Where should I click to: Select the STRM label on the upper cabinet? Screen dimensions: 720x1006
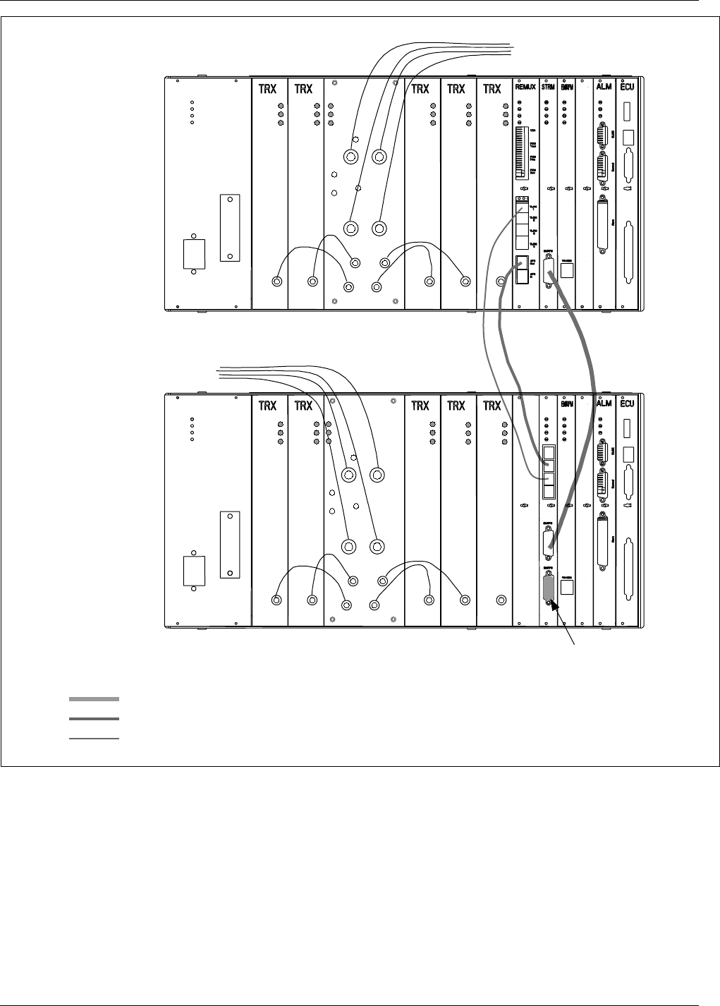coord(548,89)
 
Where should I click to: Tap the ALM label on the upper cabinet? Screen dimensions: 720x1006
coord(604,89)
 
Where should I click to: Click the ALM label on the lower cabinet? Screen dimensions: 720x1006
coord(604,406)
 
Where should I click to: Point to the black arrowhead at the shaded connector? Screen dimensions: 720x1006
coord(555,605)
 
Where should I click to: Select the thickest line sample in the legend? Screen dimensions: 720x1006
coord(94,699)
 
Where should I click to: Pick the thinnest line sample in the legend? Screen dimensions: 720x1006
coord(94,739)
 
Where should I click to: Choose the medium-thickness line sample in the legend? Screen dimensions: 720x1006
coord(94,719)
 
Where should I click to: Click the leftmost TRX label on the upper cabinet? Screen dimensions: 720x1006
coord(267,89)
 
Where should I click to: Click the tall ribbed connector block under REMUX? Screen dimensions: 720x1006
coord(522,152)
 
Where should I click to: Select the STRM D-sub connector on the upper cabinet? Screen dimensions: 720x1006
coord(547,269)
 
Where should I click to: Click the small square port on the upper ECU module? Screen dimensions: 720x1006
coord(629,138)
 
